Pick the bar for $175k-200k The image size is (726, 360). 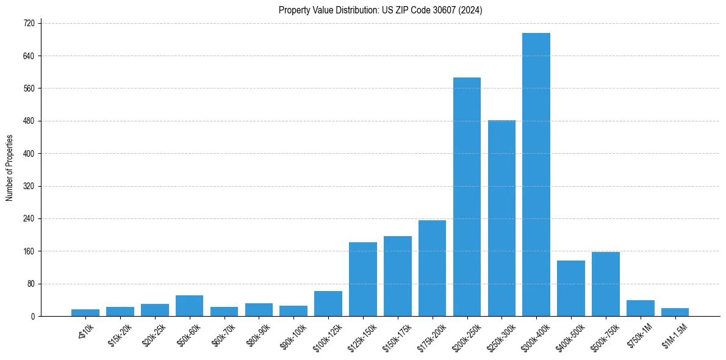(x=432, y=268)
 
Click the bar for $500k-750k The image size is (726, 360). (x=606, y=284)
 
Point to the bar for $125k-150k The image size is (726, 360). (x=363, y=279)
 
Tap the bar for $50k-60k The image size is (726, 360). (x=189, y=306)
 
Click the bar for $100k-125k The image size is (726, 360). (x=328, y=304)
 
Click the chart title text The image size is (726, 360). (x=381, y=10)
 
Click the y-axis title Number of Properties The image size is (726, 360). (x=9, y=168)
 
